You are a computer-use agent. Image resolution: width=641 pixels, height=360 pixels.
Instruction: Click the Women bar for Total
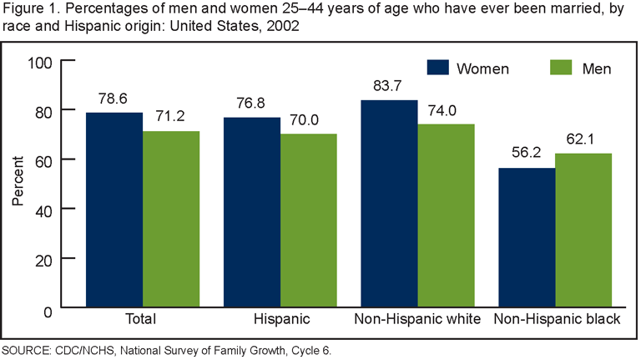[x=114, y=210]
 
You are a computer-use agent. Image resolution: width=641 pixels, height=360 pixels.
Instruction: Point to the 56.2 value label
[x=526, y=153]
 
